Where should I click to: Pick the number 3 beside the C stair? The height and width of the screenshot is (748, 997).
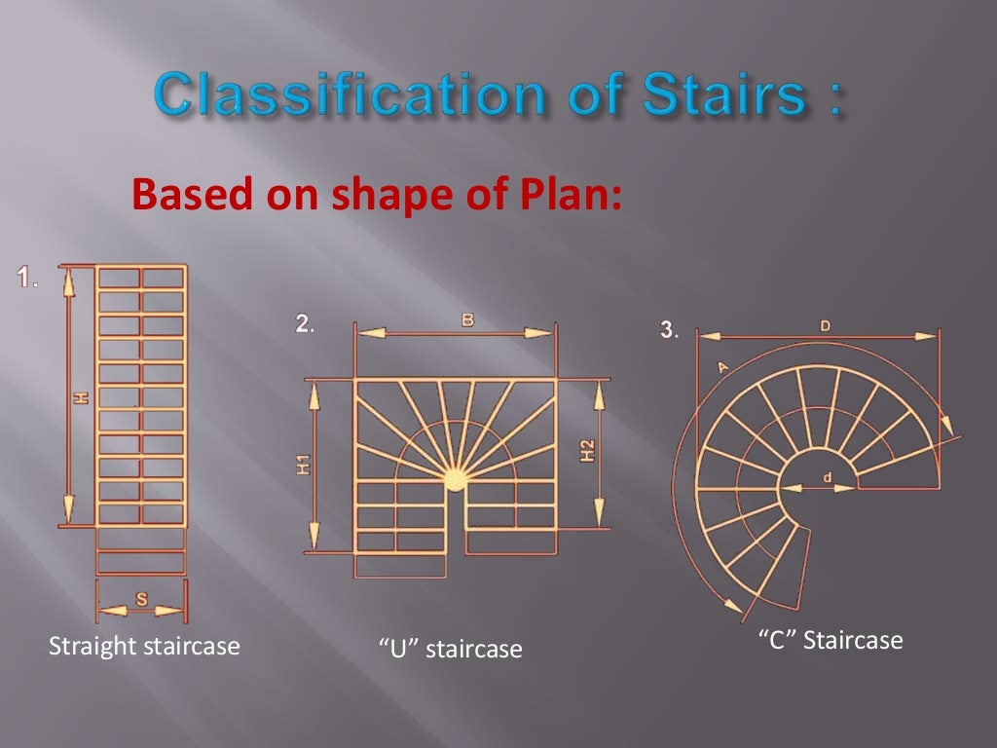668,329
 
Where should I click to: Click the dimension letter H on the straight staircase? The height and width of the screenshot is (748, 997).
82,396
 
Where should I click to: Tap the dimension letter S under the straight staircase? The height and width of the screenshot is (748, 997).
141,600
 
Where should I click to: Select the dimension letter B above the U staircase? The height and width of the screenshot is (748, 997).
467,319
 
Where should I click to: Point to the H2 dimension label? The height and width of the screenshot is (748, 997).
587,452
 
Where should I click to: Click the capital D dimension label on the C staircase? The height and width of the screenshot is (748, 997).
825,326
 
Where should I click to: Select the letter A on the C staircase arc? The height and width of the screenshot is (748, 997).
721,367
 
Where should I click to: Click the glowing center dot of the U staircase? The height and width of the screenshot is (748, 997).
455,478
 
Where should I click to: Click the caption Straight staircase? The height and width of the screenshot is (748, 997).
144,646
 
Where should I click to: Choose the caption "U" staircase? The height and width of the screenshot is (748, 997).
450,648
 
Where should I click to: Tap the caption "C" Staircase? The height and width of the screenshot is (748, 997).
831,641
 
